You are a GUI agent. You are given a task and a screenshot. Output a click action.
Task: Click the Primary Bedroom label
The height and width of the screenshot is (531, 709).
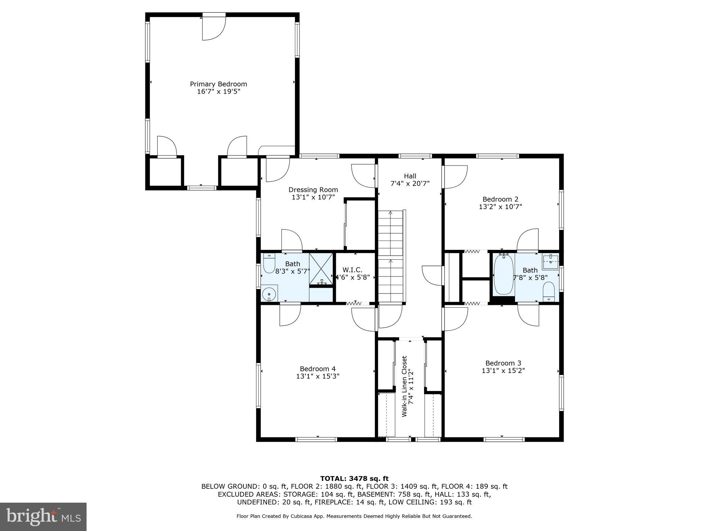(x=218, y=84)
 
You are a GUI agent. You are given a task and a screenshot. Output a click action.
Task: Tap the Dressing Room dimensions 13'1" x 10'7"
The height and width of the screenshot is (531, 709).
(x=313, y=197)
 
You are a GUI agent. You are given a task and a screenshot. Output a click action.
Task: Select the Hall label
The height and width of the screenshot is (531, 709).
(x=410, y=176)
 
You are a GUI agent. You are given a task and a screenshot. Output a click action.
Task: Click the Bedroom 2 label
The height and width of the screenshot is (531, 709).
(x=500, y=199)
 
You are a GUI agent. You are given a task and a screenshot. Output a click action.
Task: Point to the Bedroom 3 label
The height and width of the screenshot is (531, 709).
(x=503, y=363)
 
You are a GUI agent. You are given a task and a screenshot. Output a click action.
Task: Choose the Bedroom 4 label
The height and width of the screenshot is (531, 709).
(x=317, y=369)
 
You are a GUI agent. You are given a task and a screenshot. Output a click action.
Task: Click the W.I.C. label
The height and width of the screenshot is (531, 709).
(x=352, y=270)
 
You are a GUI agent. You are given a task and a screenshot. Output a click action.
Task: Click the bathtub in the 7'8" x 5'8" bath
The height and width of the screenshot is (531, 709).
(x=503, y=274)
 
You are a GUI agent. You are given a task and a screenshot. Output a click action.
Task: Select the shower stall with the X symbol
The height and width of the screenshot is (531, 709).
(x=321, y=269)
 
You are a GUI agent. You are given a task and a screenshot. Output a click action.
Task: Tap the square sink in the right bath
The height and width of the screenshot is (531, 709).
(x=550, y=262)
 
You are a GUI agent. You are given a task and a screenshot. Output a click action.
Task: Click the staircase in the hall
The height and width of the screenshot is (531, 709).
(x=391, y=256)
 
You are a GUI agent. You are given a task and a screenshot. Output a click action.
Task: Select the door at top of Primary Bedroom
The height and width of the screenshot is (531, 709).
(x=214, y=27)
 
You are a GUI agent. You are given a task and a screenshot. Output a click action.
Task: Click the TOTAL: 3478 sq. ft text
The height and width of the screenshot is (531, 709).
(x=354, y=478)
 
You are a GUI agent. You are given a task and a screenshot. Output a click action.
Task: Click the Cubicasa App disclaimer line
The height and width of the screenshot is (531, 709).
(x=354, y=516)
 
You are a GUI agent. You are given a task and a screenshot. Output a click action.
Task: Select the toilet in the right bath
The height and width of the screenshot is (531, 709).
(x=548, y=290)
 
